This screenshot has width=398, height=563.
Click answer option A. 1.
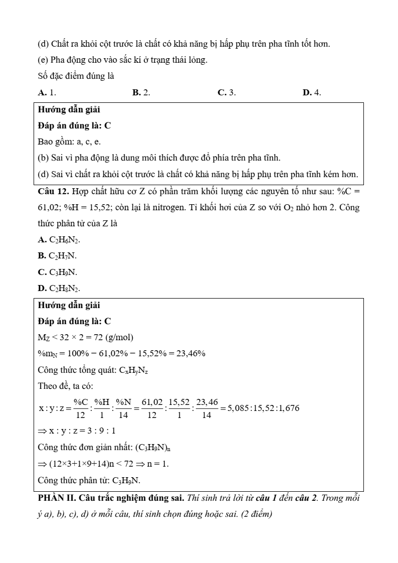pyautogui.click(x=47, y=92)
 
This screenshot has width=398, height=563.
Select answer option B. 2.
pyautogui.click(x=141, y=92)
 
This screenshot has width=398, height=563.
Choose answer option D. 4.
pyautogui.click(x=312, y=92)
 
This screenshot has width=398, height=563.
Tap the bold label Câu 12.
pyautogui.click(x=53, y=191)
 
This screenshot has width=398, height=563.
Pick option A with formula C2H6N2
pyautogui.click(x=59, y=239)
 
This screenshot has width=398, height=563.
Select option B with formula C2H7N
pyautogui.click(x=57, y=255)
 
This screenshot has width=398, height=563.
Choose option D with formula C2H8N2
pyautogui.click(x=59, y=288)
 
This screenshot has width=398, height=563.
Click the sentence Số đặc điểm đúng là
pyautogui.click(x=76, y=76)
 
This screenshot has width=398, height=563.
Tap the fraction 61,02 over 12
pyautogui.click(x=152, y=408)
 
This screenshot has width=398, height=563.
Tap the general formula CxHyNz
pyautogui.click(x=133, y=370)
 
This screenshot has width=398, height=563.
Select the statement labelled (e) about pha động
pyautogui.click(x=122, y=60)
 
